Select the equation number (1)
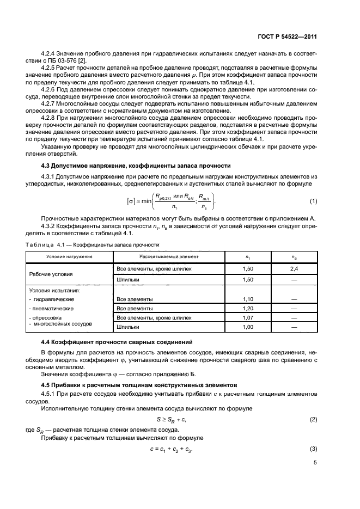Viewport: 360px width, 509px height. tap(313, 201)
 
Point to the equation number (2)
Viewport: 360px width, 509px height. tap(313, 419)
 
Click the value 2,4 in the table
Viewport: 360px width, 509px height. tap(294, 269)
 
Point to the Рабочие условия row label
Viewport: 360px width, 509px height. tap(54, 274)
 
